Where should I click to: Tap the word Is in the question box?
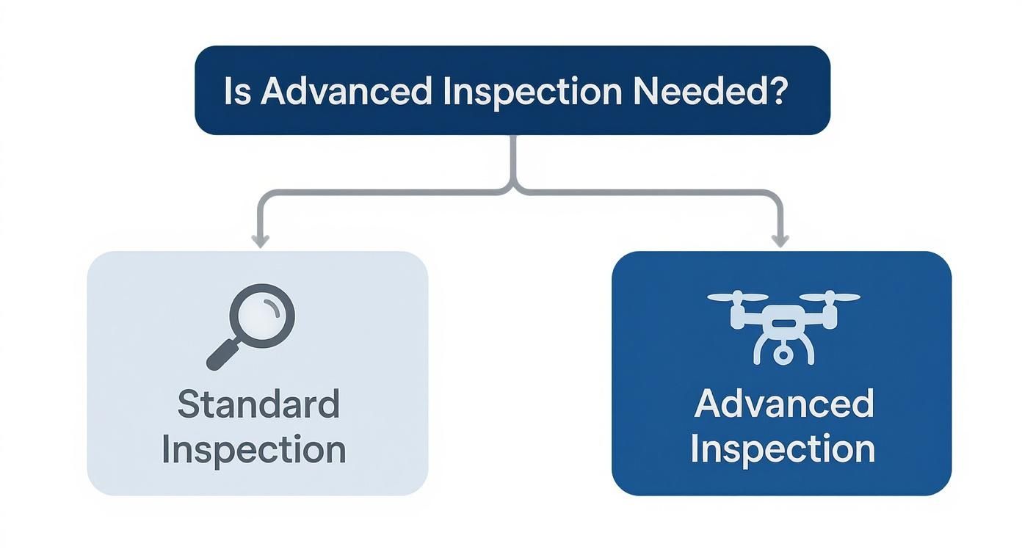(x=237, y=91)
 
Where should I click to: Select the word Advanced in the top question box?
(x=345, y=91)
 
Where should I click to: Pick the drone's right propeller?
(x=830, y=297)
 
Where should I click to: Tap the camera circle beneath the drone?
(x=783, y=355)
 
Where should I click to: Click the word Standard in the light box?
(x=258, y=404)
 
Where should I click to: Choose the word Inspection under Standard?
(x=254, y=449)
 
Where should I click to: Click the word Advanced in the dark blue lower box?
(x=783, y=404)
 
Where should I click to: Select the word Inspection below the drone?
(x=783, y=449)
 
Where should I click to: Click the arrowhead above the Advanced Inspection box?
(x=780, y=241)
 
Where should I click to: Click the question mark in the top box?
(x=777, y=91)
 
